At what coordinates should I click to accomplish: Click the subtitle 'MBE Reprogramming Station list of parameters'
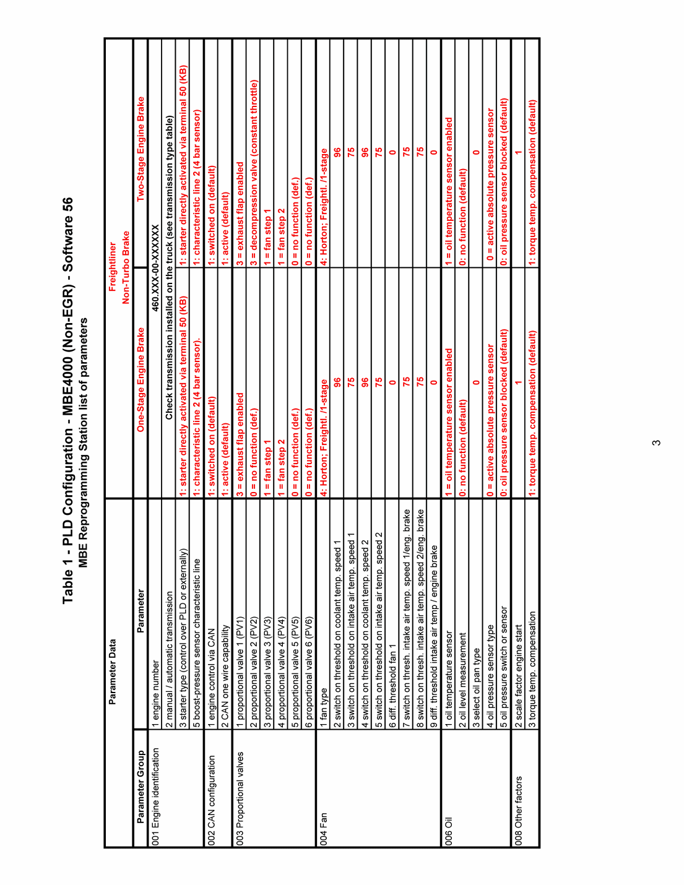coord(84,442)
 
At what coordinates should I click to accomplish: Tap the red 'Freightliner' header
coord(113,267)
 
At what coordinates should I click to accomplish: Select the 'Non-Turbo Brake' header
coord(126,267)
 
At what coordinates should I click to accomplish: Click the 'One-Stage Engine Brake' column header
coord(141,379)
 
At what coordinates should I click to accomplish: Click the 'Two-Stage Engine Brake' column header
coord(141,149)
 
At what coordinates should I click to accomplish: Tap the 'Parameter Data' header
coord(113,672)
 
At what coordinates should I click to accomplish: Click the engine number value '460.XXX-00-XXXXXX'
coord(155,267)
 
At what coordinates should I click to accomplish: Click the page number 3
coord(656,442)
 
